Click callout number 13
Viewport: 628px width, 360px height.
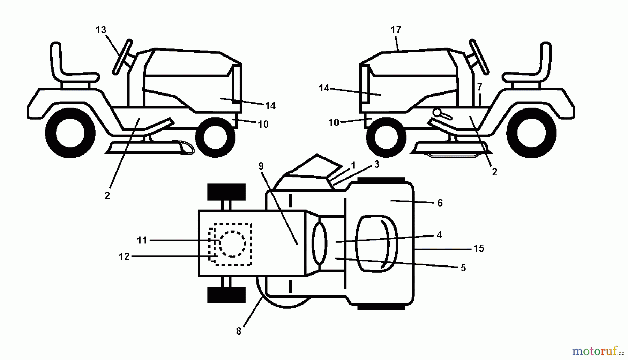(100, 30)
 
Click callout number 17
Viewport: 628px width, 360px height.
(396, 30)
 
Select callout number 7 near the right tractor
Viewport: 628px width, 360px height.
(480, 87)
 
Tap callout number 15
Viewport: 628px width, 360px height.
(479, 248)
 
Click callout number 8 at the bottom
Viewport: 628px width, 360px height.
(239, 331)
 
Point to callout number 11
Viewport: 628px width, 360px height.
(142, 240)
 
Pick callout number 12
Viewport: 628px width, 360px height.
(124, 257)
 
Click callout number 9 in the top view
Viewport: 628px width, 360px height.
(261, 166)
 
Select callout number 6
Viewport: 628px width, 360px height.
(440, 203)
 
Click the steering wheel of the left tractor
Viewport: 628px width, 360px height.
(122, 57)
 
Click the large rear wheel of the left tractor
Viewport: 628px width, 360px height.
(70, 133)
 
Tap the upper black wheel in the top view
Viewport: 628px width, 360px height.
(226, 192)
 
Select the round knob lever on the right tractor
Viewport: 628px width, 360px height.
(438, 113)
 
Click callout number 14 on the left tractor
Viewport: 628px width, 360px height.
(270, 106)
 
